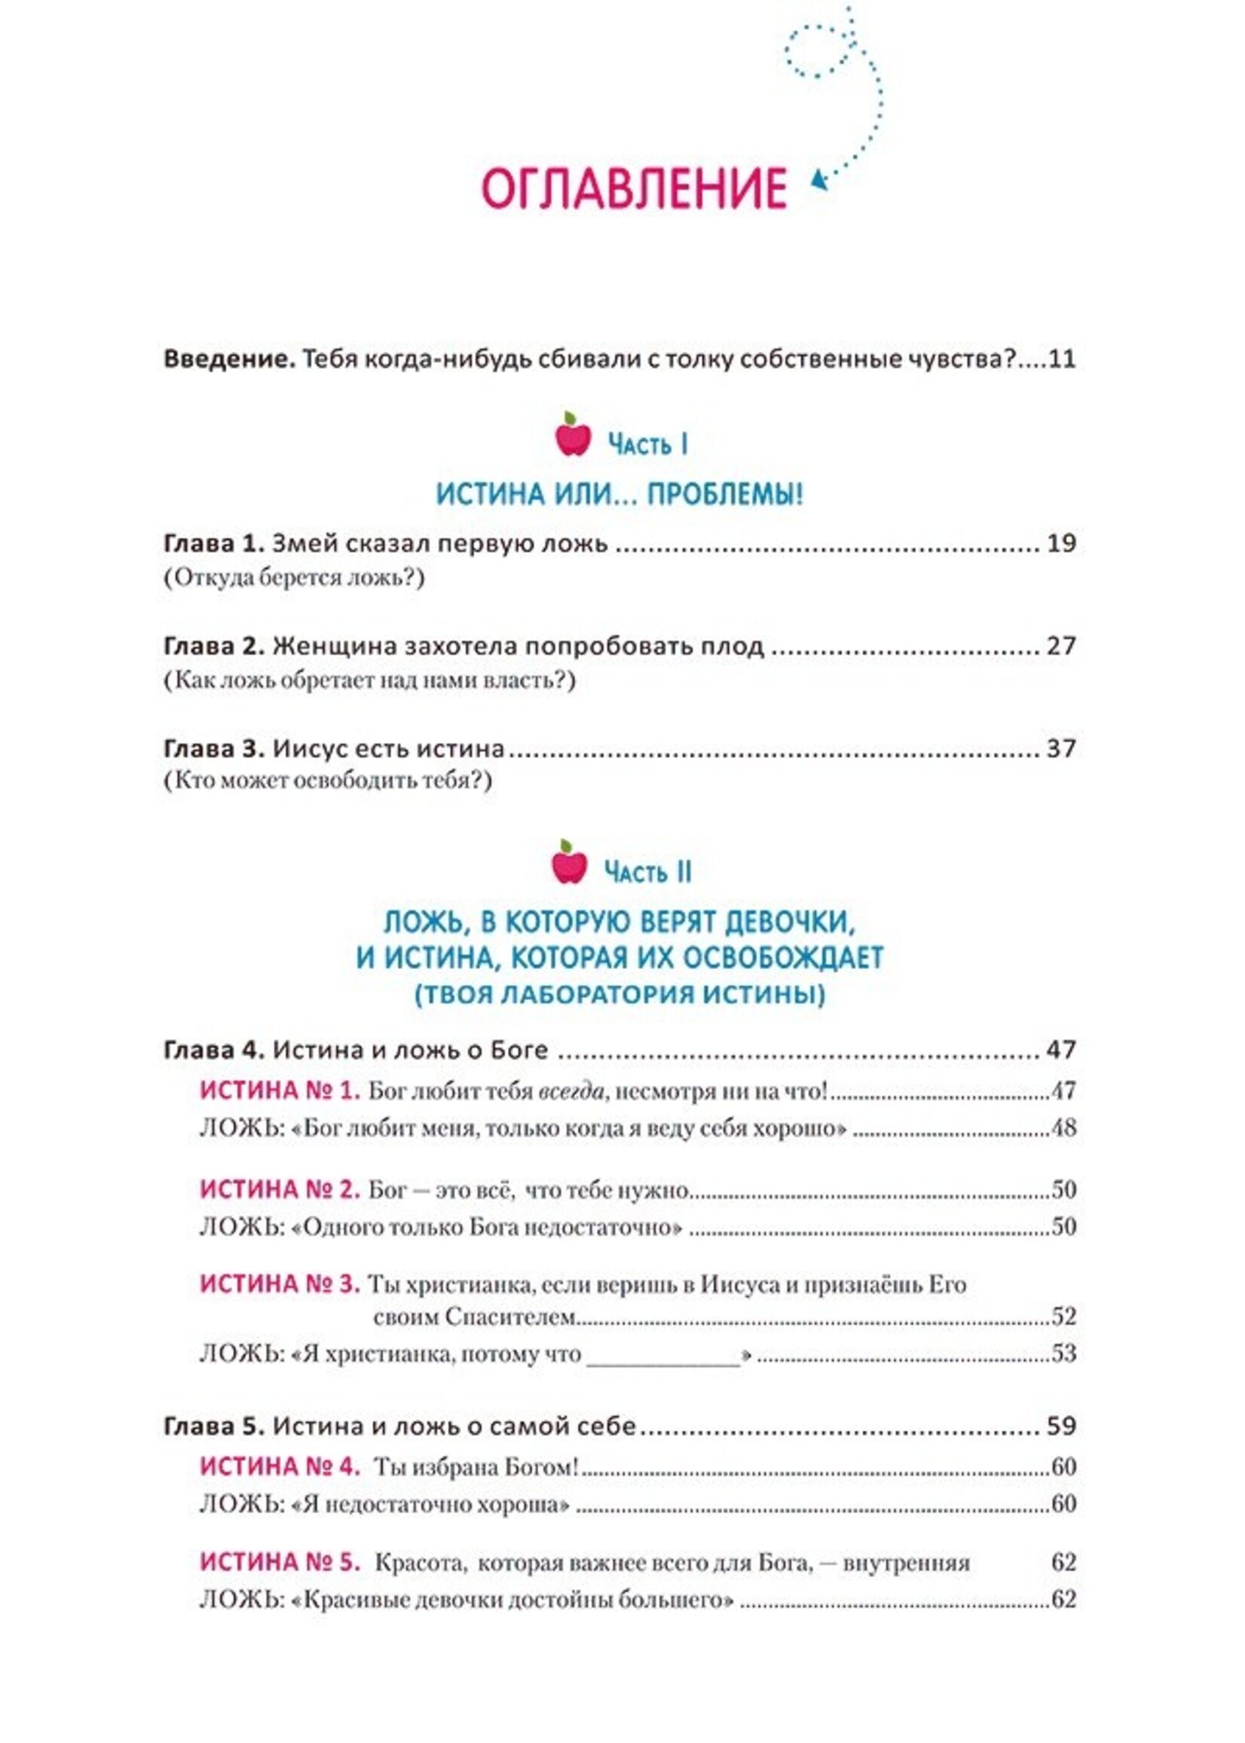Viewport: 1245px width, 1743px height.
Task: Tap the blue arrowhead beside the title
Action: (x=818, y=181)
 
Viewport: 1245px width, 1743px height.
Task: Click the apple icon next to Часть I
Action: (x=573, y=436)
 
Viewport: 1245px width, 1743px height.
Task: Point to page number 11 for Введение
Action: (x=1061, y=359)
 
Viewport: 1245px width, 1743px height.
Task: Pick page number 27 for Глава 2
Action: (x=1061, y=646)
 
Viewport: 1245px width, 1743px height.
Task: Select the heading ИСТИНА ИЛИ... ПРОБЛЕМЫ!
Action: (x=619, y=494)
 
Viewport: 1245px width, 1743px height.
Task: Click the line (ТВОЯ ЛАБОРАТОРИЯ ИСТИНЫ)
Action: (x=619, y=995)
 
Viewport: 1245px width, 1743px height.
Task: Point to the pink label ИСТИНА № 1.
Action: (x=280, y=1090)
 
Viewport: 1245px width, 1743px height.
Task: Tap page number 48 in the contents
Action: (x=1063, y=1128)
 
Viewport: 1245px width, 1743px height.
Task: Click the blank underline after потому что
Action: (x=663, y=1355)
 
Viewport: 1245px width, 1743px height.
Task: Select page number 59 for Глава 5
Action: (x=1061, y=1426)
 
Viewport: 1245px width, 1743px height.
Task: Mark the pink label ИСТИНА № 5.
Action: (x=280, y=1562)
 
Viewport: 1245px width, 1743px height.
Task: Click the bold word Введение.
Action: (x=229, y=359)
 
